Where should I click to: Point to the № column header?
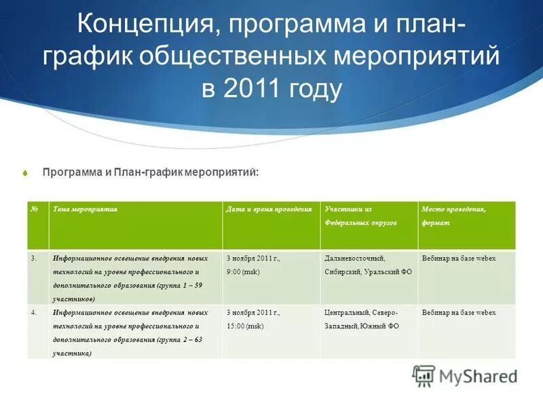tap(35, 210)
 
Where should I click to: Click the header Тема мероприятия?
tap(86, 210)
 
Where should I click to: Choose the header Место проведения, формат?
tap(453, 216)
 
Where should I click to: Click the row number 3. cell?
tap(34, 258)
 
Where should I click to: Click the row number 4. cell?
tap(34, 313)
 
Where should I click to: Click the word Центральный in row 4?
tap(346, 313)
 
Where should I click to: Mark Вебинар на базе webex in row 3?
tap(458, 258)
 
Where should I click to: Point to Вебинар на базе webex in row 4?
tap(458, 313)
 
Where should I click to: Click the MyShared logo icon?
tap(424, 375)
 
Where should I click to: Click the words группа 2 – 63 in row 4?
tap(177, 339)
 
